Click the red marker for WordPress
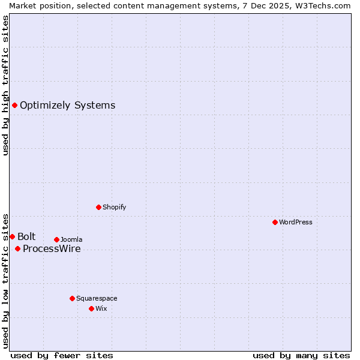click(275, 222)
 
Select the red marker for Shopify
click(98, 207)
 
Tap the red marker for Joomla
click(56, 239)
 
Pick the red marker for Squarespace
click(72, 298)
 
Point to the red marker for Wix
click(91, 308)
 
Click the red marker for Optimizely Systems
click(14, 106)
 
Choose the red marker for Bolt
click(12, 236)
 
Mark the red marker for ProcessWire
click(17, 248)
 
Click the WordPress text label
click(295, 222)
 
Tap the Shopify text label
click(114, 207)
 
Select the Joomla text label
click(71, 239)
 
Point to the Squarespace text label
click(97, 298)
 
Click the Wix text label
click(101, 308)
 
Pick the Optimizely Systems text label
click(67, 106)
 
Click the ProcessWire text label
click(52, 249)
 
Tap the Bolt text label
click(26, 236)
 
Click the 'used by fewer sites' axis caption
click(62, 355)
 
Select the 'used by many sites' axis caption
click(301, 355)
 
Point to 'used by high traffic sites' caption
click(5, 85)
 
